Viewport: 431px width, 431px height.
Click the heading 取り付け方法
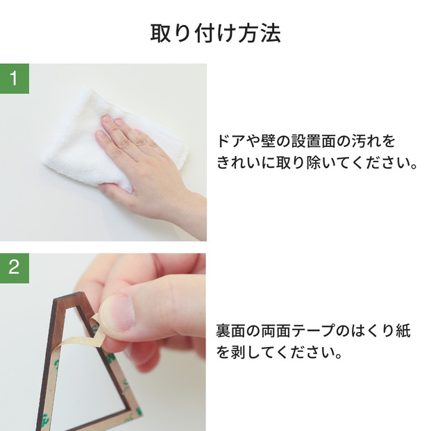(x=215, y=33)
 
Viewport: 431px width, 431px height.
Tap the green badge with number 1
(x=14, y=78)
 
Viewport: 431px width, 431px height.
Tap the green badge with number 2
(x=14, y=268)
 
